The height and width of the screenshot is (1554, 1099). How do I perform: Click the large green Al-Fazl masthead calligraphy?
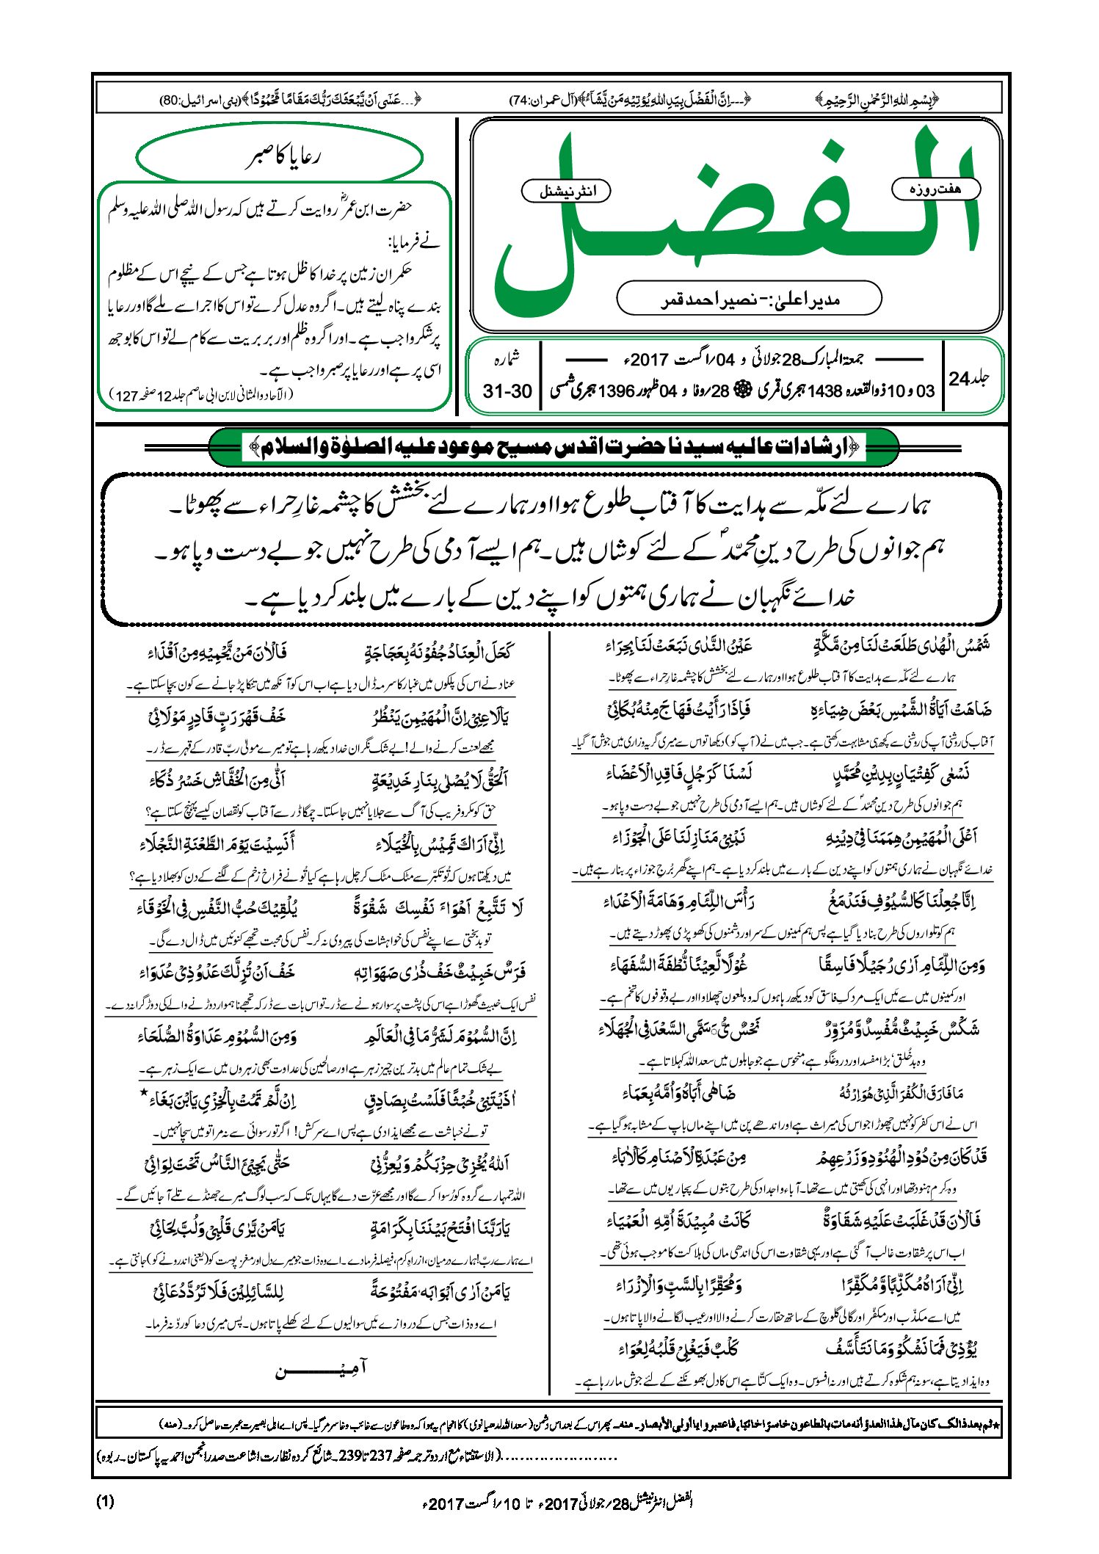click(x=734, y=220)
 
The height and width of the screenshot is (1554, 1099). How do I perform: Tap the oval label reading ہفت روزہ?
click(x=935, y=189)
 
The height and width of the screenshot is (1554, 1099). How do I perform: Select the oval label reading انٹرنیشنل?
click(x=566, y=192)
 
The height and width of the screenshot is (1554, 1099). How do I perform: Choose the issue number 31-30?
click(x=507, y=391)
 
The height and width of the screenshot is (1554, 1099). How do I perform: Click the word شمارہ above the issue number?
click(x=506, y=359)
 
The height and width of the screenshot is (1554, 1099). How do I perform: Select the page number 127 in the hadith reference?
click(x=127, y=396)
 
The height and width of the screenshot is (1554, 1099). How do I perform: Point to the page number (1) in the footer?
click(x=105, y=1501)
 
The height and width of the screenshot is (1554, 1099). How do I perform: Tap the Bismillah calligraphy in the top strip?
click(x=878, y=99)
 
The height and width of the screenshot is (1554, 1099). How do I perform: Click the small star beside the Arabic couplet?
click(x=144, y=1093)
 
